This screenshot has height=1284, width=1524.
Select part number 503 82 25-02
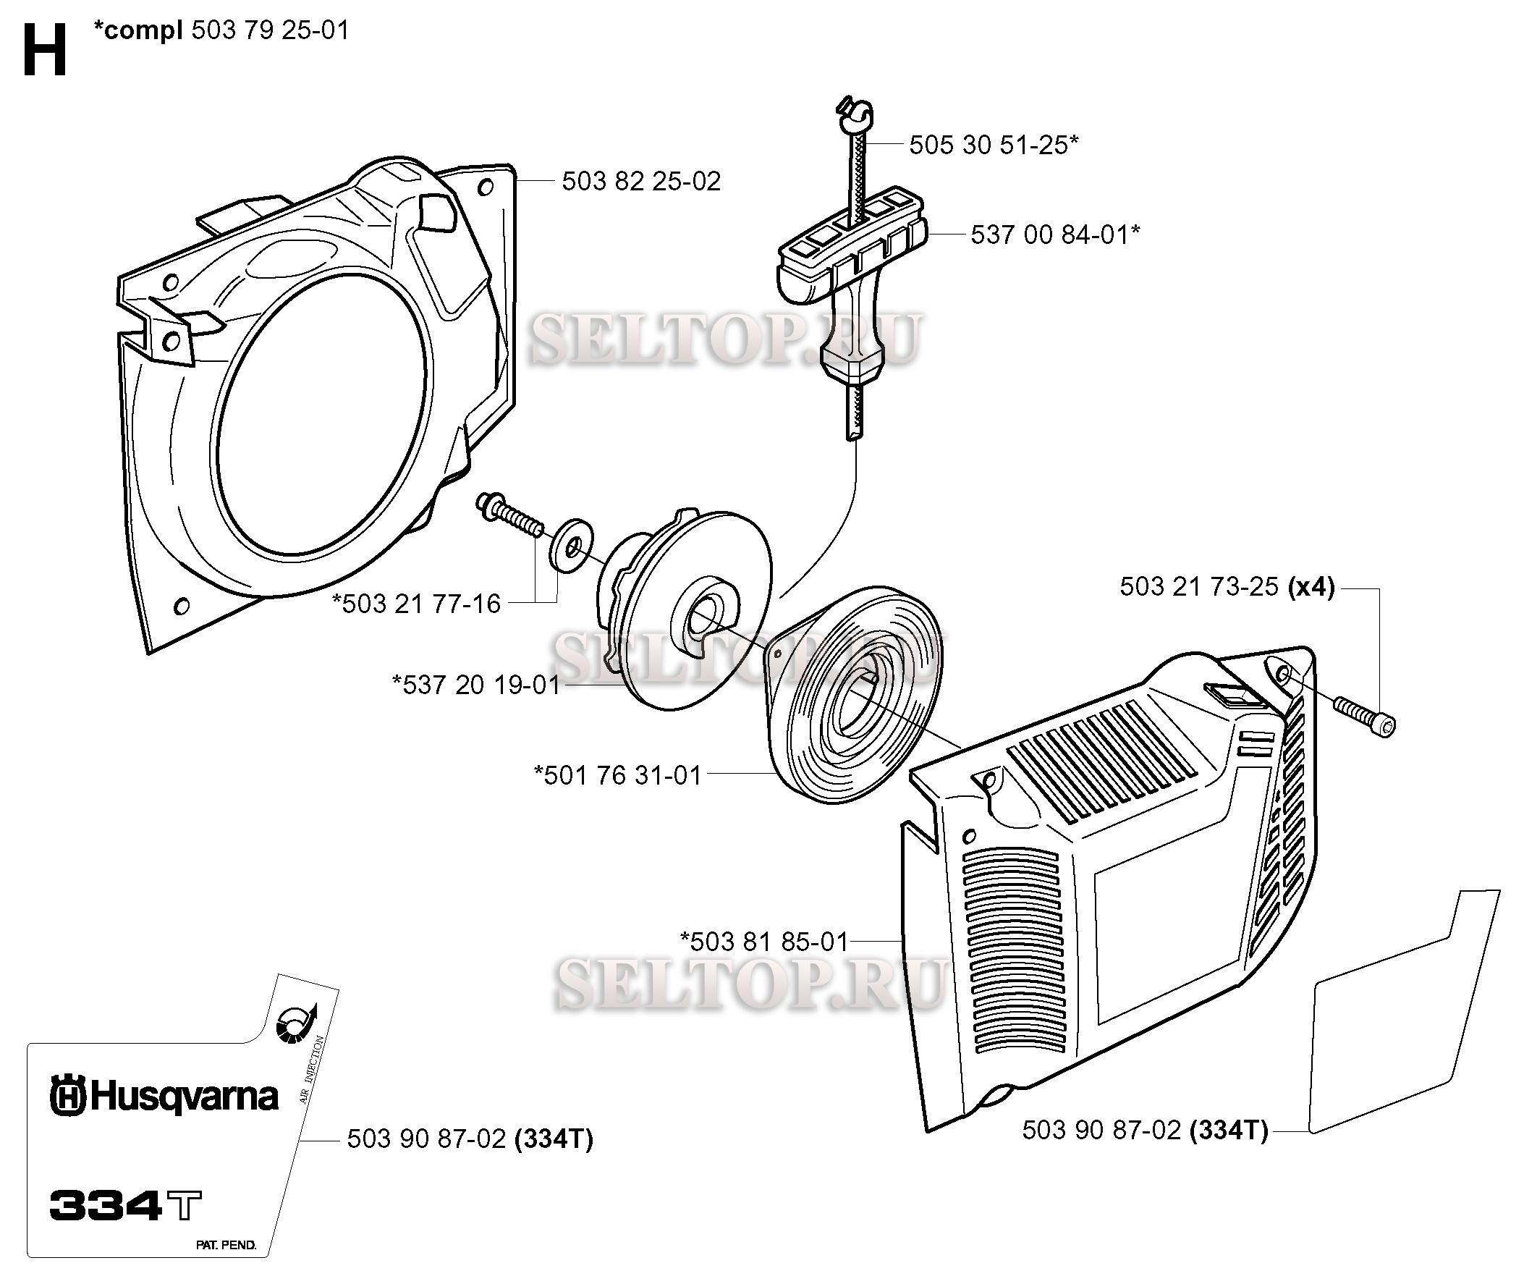(640, 181)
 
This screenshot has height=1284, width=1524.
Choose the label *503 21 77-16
(416, 604)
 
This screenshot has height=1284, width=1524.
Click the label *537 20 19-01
(476, 685)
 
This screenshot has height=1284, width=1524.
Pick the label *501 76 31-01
(618, 775)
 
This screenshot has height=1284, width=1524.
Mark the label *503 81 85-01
(764, 941)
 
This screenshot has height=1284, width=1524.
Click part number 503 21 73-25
(1198, 587)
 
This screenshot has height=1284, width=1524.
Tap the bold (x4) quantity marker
(1311, 587)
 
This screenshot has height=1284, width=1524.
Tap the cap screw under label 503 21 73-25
(1366, 717)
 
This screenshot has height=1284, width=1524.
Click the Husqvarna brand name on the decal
(164, 1097)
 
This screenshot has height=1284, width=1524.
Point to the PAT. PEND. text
(226, 1245)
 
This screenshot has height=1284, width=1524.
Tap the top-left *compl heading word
(138, 30)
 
